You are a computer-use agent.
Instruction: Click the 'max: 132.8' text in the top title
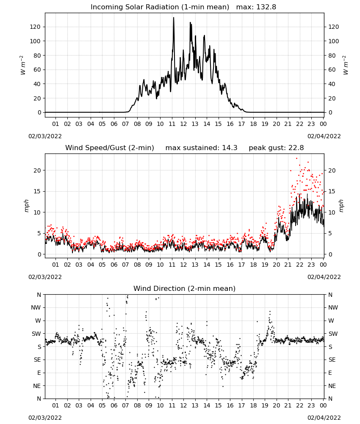point(256,7)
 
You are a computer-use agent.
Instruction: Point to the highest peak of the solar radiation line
point(174,17)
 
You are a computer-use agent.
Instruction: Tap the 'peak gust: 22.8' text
point(276,148)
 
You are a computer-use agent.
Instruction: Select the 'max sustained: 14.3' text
point(201,148)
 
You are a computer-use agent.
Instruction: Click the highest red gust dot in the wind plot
point(296,159)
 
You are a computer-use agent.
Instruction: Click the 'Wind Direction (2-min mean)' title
point(185,288)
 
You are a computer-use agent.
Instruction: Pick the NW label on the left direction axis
point(36,307)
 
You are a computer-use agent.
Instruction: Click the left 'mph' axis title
point(26,206)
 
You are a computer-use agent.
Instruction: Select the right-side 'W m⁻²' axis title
point(346,65)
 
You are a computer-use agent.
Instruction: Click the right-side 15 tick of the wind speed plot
point(332,192)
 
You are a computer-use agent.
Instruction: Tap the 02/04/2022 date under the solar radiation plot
point(324,136)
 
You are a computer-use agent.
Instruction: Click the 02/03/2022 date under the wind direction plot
point(45,418)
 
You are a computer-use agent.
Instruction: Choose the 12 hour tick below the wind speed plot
point(183,265)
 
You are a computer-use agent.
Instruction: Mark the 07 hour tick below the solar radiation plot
point(125,124)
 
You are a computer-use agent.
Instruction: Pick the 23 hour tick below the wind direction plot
point(311,405)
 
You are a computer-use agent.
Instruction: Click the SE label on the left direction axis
point(37,360)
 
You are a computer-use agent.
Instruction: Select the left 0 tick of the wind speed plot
point(39,254)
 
